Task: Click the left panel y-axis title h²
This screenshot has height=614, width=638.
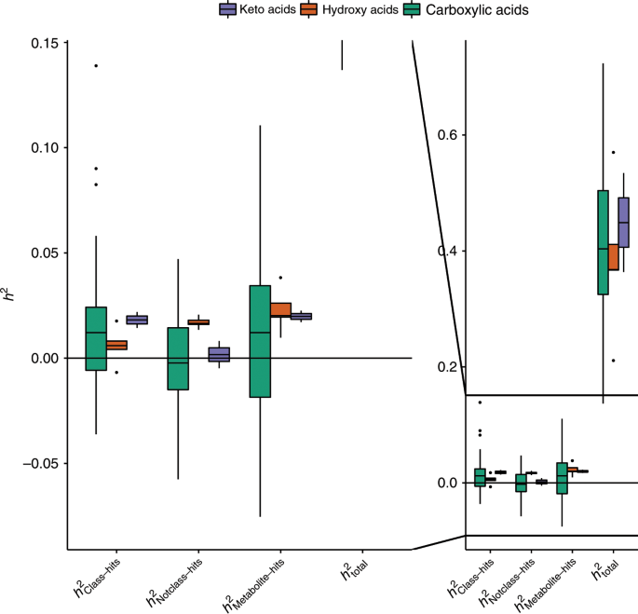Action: (10, 296)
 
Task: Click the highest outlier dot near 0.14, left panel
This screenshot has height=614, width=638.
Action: (96, 65)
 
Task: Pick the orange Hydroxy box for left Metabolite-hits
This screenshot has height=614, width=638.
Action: (280, 309)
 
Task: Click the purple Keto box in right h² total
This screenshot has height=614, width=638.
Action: (624, 223)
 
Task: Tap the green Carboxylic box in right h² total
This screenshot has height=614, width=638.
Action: (603, 242)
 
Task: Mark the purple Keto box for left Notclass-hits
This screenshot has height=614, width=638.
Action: (219, 354)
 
